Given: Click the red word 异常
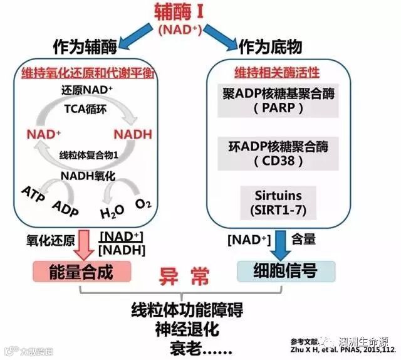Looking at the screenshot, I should [x=183, y=276].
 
